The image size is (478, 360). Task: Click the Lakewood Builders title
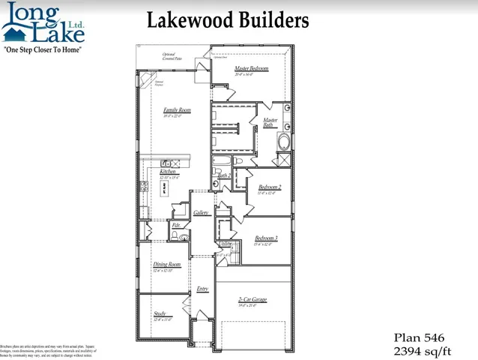(x=228, y=19)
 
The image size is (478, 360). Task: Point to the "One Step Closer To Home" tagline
(x=43, y=49)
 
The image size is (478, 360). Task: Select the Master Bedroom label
(x=251, y=68)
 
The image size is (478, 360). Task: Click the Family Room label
(x=177, y=110)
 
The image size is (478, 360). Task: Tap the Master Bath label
(x=268, y=123)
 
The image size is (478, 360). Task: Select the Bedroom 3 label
(x=266, y=238)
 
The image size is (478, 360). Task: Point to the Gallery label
(x=201, y=213)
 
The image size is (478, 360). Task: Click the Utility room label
(x=224, y=244)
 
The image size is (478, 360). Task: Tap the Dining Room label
(x=167, y=264)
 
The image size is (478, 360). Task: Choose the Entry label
(x=202, y=289)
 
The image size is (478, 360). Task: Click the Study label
(x=160, y=314)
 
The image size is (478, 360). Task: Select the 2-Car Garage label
(x=252, y=299)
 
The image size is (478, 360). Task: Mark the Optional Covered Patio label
(x=173, y=57)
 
